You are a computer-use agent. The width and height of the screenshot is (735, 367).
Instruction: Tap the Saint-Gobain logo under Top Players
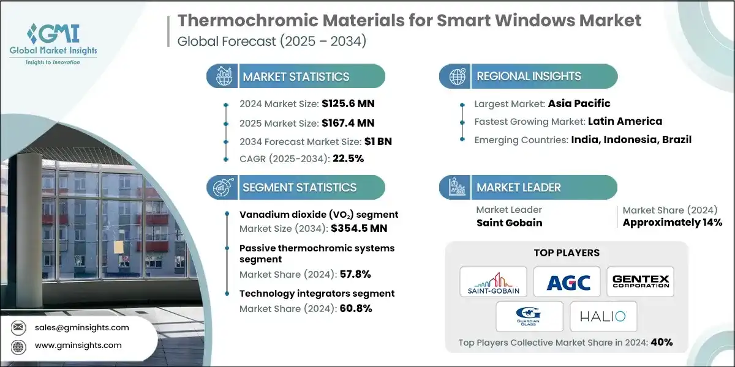click(x=493, y=282)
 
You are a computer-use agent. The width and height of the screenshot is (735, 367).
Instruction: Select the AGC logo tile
click(x=566, y=282)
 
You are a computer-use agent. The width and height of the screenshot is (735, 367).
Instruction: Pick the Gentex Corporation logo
click(x=640, y=282)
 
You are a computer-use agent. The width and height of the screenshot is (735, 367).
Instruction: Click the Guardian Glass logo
click(x=530, y=316)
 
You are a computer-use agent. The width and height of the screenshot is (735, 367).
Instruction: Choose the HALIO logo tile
click(x=603, y=316)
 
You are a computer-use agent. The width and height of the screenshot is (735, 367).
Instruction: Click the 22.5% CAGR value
click(x=348, y=159)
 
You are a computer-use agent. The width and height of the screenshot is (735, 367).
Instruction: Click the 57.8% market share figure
click(x=355, y=274)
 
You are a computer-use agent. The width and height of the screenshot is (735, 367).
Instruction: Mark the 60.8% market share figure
click(x=355, y=308)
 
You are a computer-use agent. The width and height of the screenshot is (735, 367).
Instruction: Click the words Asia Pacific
click(x=579, y=103)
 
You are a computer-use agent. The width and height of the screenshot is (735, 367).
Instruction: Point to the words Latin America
click(x=625, y=121)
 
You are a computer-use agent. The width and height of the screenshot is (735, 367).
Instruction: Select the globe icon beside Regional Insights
click(x=458, y=76)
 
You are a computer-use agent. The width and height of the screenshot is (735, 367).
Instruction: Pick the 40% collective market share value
click(x=661, y=342)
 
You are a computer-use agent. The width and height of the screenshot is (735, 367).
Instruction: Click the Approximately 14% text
click(x=672, y=223)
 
